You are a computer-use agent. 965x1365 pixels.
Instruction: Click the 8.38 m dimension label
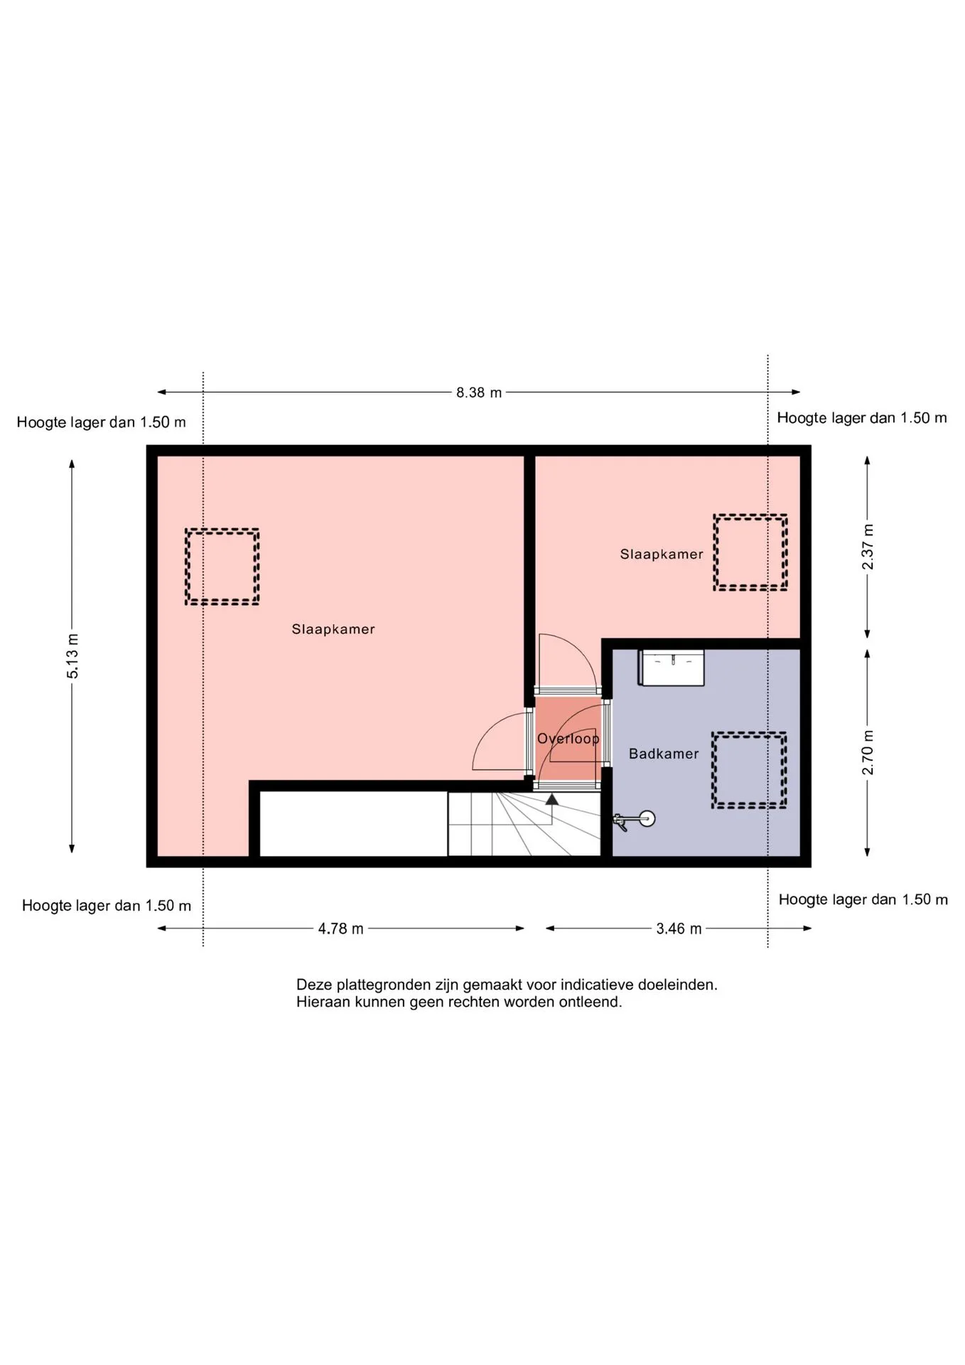tap(479, 392)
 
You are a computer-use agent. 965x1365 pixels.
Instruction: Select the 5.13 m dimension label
tap(72, 655)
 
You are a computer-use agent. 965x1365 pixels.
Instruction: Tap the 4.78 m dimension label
tap(340, 928)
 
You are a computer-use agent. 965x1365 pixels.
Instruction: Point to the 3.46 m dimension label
tap(679, 928)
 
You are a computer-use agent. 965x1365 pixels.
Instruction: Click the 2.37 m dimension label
tap(868, 547)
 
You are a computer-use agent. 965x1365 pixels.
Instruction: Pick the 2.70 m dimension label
tap(868, 752)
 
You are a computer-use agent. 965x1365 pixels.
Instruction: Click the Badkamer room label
tap(664, 754)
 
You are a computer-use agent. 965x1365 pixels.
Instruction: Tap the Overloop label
tap(568, 739)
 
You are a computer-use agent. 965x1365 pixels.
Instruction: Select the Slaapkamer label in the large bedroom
tap(333, 629)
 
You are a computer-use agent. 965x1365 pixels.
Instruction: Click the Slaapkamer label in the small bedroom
tap(662, 555)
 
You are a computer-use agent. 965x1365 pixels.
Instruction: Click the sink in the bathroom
tap(672, 668)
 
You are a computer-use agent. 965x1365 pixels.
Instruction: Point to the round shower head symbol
tap(647, 818)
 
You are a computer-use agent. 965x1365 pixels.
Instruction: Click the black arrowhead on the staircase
tap(552, 799)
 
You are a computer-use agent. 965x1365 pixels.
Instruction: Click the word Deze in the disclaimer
tap(314, 985)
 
